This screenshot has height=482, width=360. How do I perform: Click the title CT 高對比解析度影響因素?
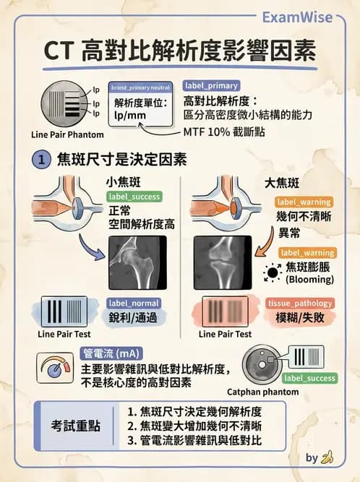point(180,51)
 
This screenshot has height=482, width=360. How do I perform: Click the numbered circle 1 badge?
point(42,160)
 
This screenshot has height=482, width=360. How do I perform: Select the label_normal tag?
point(134,304)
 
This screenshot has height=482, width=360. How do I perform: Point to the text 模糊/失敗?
point(298,318)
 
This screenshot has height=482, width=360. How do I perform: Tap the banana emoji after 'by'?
point(328,457)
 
